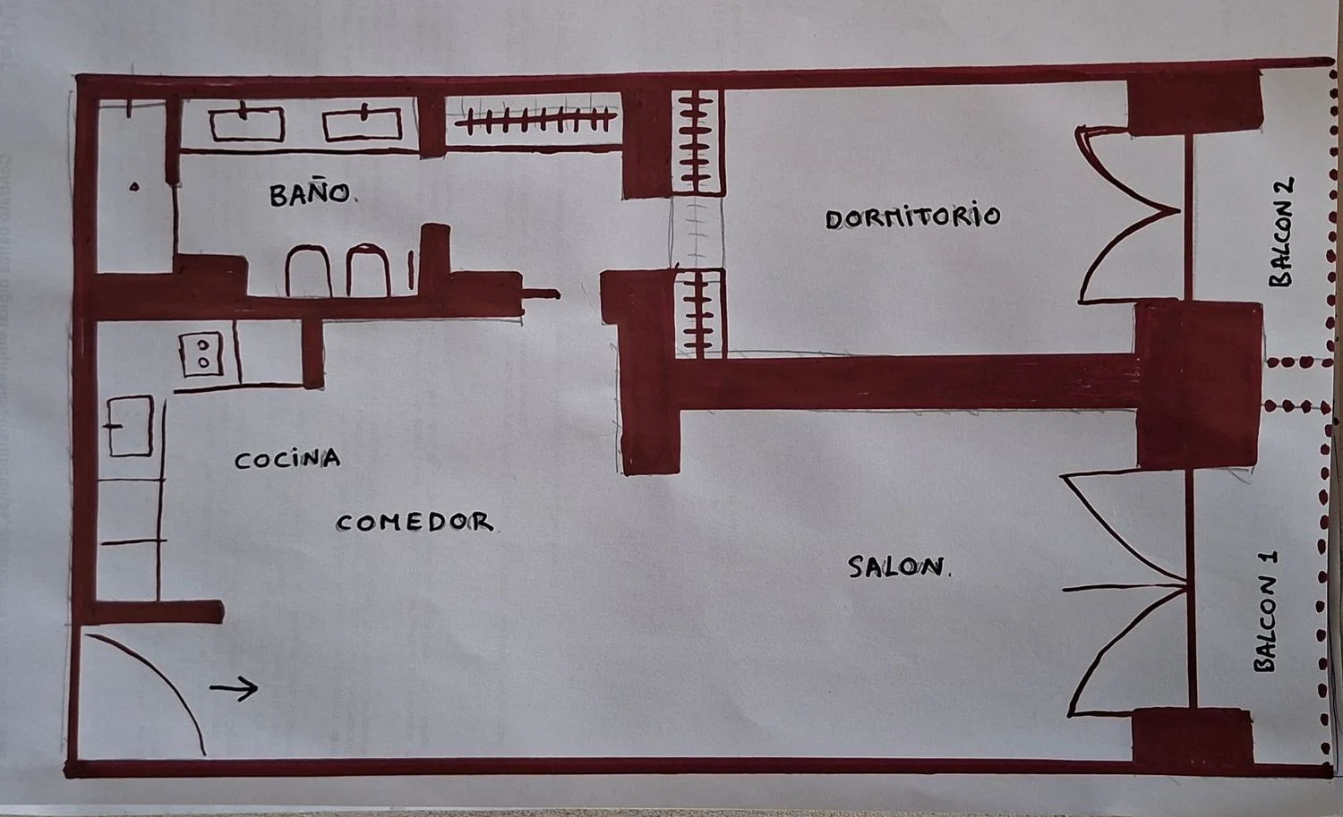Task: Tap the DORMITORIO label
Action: click(x=912, y=217)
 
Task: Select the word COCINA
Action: click(x=287, y=459)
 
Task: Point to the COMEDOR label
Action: click(x=415, y=523)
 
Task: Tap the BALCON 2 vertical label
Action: click(x=1282, y=232)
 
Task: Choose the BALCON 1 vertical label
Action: click(x=1266, y=611)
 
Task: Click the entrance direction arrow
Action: click(x=234, y=688)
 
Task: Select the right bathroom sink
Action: click(x=362, y=124)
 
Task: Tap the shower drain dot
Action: click(x=134, y=187)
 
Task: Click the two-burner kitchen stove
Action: click(x=201, y=354)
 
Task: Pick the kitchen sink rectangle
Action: click(x=130, y=426)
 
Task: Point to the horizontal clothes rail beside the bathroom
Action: click(x=535, y=120)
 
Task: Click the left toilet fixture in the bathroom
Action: click(x=308, y=271)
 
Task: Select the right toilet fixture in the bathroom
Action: click(x=368, y=269)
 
